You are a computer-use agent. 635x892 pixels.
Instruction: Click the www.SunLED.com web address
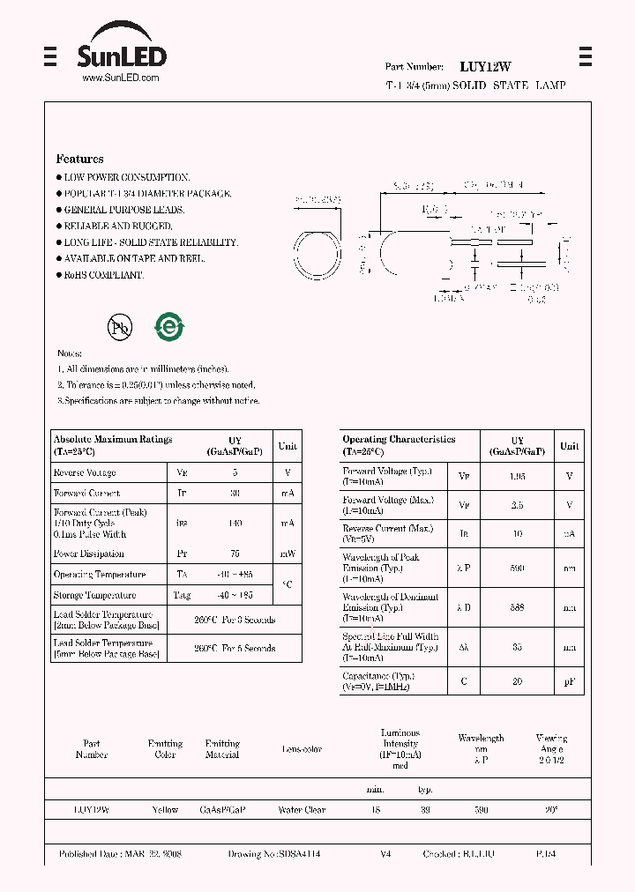[120, 78]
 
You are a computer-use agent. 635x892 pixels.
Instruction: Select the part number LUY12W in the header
[485, 67]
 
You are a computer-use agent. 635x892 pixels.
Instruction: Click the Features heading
[79, 159]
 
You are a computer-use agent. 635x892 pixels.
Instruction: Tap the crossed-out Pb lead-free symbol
[119, 328]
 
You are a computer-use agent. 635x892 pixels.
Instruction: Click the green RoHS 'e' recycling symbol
[169, 327]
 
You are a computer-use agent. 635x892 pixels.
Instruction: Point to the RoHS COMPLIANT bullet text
[102, 275]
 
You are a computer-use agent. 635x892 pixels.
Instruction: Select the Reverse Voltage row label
[85, 473]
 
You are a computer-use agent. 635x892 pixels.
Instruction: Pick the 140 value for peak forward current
[235, 524]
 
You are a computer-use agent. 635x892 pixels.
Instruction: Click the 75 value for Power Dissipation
[235, 554]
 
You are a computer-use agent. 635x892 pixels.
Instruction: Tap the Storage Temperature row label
[94, 596]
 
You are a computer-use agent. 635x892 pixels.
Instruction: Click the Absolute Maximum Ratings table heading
[113, 439]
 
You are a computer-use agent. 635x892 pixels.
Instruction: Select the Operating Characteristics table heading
[399, 439]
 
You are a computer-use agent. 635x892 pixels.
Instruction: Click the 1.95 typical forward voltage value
[518, 476]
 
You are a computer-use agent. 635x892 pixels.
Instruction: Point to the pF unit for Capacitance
[570, 680]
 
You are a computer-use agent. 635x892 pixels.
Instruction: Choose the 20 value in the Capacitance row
[518, 680]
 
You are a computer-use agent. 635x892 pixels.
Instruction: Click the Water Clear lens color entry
[302, 810]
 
